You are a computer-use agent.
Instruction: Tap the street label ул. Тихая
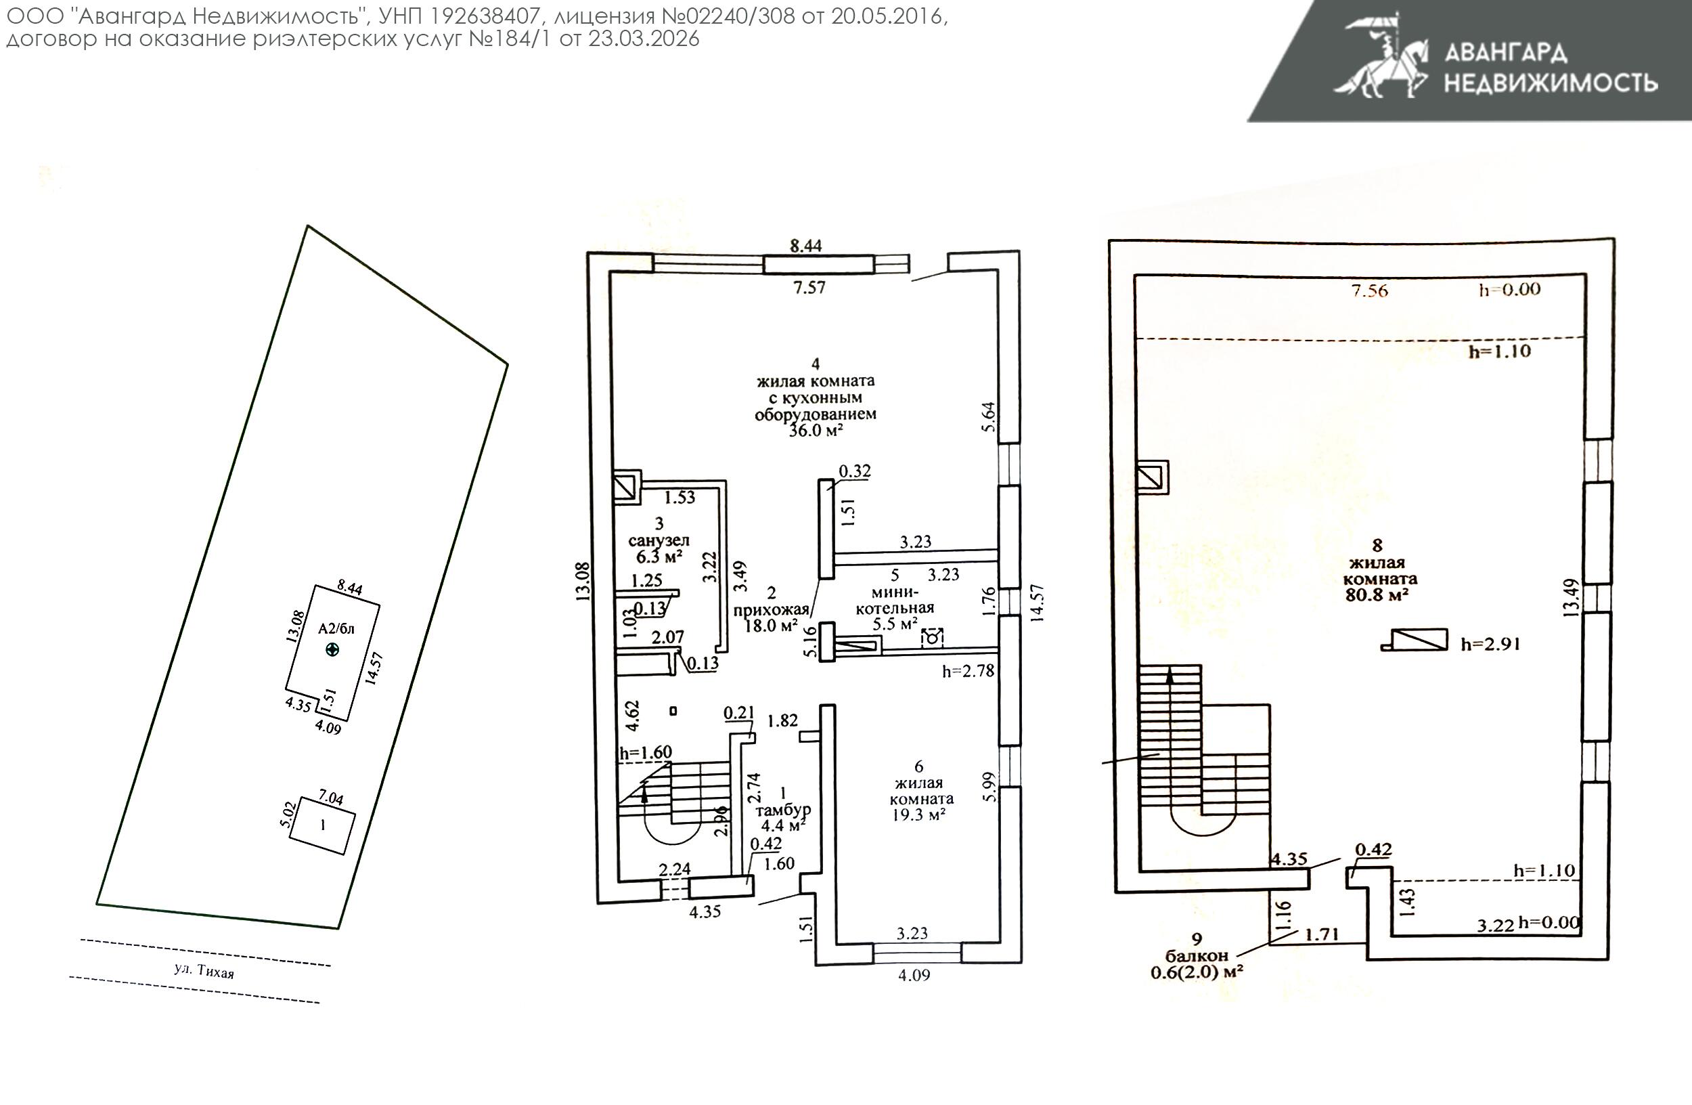coord(203,971)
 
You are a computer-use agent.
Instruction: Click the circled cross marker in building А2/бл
coord(332,649)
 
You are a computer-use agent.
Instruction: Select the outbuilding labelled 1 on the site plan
coord(322,825)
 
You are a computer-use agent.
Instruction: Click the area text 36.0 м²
coord(816,430)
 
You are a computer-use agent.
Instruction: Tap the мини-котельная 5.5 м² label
coord(894,608)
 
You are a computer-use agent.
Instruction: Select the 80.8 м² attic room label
coord(1377,594)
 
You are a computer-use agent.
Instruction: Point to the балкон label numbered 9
coord(1197,957)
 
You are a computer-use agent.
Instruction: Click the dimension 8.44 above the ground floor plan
coord(805,245)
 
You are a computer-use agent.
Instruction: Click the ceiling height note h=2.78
coord(968,671)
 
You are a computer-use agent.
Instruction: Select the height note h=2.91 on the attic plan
coord(1490,644)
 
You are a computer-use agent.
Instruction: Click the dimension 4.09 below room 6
coord(914,976)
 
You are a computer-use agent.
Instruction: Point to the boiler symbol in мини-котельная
coord(931,638)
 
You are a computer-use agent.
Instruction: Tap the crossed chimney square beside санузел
coord(626,487)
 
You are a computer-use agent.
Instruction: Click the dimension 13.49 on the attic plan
coord(1571,597)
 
